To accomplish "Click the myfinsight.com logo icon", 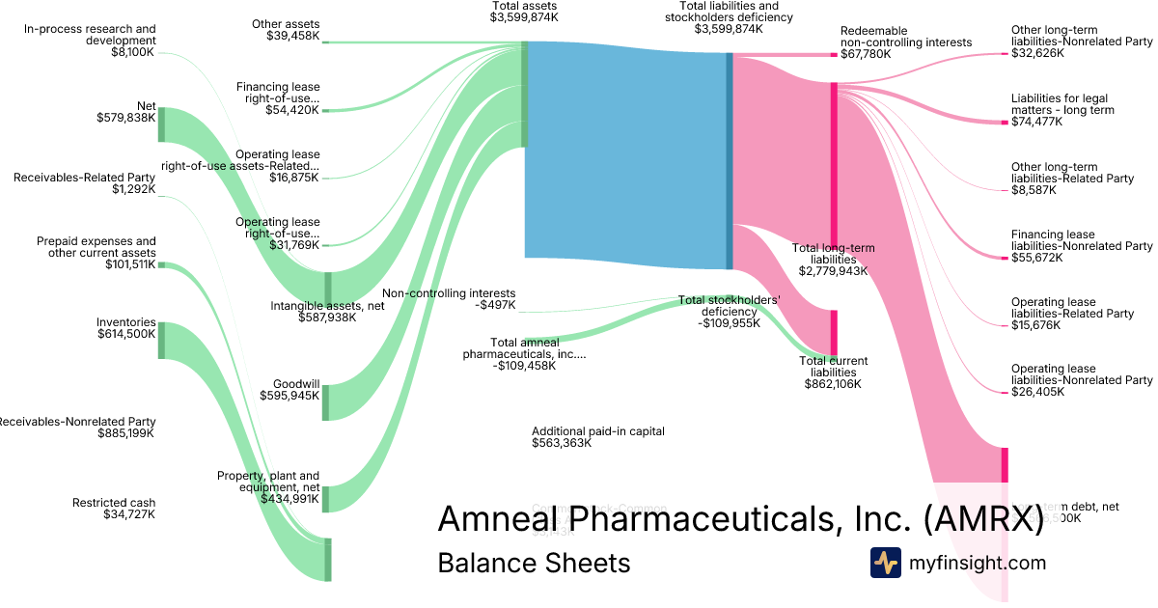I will click(885, 563).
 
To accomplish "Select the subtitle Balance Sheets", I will click(534, 563).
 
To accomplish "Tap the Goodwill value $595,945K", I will click(289, 395).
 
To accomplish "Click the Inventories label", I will click(126, 322).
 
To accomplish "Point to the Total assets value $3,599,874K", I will click(523, 17).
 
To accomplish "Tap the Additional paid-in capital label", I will click(598, 431).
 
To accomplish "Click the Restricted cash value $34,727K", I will click(129, 515).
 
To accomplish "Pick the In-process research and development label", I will click(90, 35).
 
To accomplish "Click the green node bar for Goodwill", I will click(325, 402).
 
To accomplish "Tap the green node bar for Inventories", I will click(161, 341).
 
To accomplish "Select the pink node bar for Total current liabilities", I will click(834, 333).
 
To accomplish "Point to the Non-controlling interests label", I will click(449, 293).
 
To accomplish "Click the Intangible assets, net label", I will click(314, 306).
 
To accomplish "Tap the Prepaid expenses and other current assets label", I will click(96, 247).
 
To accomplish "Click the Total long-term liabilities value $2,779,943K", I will click(833, 271).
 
